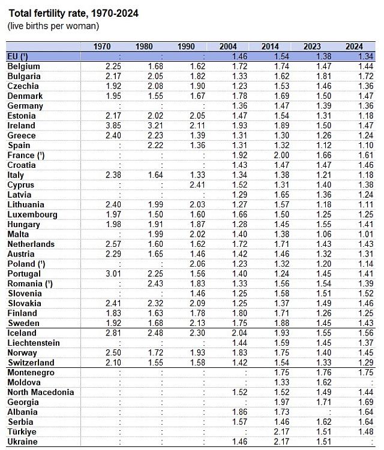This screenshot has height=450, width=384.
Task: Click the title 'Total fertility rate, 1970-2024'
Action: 73,13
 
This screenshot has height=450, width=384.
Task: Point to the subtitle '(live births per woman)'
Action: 53,26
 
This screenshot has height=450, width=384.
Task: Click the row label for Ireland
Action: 21,125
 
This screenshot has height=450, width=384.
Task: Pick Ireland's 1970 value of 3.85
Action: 113,125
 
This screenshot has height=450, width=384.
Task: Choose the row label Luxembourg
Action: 32,215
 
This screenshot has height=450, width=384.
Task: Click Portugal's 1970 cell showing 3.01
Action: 113,274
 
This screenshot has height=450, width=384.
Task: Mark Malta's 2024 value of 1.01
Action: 365,234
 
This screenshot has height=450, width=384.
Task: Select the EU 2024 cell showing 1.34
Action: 365,56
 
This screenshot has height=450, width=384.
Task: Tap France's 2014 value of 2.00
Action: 281,155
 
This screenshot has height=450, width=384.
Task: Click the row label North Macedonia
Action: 40,392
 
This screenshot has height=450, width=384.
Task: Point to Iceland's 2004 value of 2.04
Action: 239,333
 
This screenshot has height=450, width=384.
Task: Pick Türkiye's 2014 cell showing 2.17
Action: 281,431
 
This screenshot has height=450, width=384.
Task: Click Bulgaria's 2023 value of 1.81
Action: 323,76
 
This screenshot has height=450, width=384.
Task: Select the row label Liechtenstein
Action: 34,343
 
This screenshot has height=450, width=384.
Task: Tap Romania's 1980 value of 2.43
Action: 155,283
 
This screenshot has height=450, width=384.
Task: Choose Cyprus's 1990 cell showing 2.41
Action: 197,185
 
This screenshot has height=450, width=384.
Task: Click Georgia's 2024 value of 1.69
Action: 365,402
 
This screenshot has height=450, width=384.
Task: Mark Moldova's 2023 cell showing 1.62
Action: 323,382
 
